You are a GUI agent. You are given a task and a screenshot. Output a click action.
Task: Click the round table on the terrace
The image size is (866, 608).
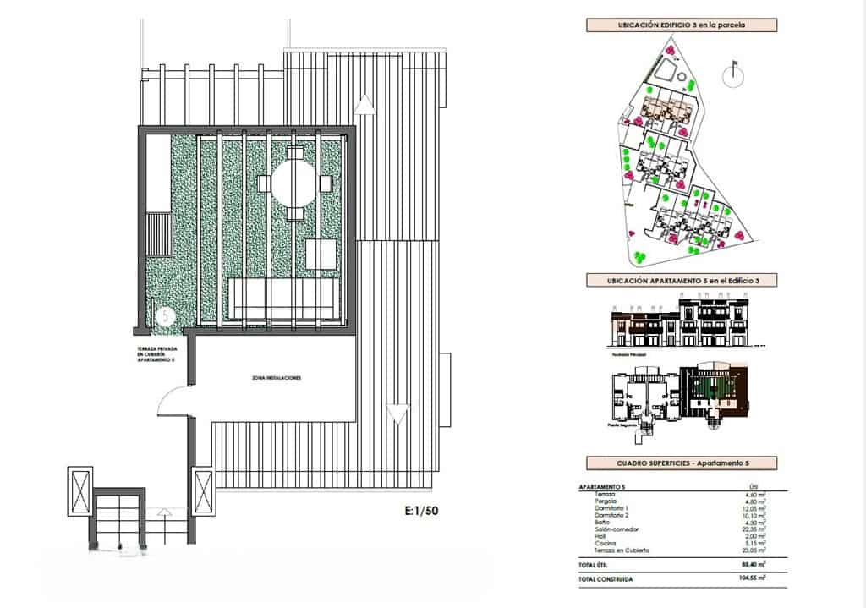(x=293, y=182)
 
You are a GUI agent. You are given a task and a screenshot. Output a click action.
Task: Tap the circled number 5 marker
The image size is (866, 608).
(x=166, y=315)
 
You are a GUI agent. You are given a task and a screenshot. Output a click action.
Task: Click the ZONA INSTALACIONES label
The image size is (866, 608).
(x=277, y=377)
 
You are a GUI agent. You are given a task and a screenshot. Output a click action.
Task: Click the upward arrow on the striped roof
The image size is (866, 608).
(x=364, y=104)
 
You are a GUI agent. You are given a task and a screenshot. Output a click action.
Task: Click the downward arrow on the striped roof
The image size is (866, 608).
(x=395, y=414)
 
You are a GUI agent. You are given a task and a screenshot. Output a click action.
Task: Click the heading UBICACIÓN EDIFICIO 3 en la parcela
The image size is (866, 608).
(x=682, y=25)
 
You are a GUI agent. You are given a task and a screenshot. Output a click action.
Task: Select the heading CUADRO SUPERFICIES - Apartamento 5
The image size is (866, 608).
(x=682, y=463)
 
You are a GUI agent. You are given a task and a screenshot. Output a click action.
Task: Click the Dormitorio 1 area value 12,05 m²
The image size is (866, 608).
(x=751, y=507)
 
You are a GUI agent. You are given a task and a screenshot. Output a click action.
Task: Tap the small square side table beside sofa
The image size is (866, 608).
(x=321, y=254)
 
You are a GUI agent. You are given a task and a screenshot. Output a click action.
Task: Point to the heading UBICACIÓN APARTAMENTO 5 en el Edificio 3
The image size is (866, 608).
(x=682, y=280)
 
